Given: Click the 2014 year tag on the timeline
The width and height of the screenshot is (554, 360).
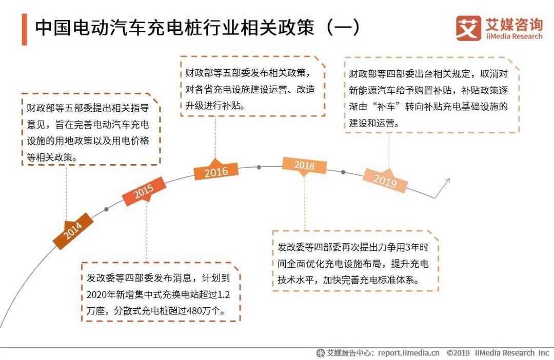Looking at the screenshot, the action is coord(73,231).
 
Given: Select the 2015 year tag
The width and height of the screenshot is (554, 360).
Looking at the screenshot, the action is coord(144,191).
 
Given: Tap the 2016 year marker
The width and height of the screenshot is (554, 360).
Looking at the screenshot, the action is coord(216,171).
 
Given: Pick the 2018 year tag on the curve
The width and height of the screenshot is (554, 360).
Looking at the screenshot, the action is coord(304,165).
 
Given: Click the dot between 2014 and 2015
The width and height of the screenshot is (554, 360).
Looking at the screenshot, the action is coord(106,210).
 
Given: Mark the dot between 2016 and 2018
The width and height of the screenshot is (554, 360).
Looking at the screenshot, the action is coord(259,167).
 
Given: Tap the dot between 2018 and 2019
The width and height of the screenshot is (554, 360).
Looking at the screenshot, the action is coord(343,172).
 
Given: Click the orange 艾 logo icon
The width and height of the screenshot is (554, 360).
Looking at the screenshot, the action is coord(468,28).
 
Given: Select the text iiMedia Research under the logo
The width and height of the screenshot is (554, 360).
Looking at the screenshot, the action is coord(514,36).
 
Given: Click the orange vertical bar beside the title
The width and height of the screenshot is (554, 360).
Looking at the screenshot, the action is coord(25,29).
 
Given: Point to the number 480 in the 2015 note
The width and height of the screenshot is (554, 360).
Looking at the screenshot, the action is coord(194,311).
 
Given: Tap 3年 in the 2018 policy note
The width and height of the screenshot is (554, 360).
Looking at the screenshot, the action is coord(412,247).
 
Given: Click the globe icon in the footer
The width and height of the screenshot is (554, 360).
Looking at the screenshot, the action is coord(321,353).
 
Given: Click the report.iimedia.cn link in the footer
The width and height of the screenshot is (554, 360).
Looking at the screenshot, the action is coord(409,353).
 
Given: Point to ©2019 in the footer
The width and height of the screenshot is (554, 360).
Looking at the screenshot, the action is coord(458,353).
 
